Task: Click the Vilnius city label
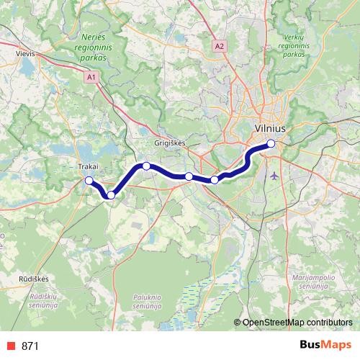click(x=271, y=127)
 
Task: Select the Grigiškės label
click(x=170, y=143)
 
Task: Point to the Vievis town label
click(x=25, y=53)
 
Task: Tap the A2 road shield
click(x=220, y=46)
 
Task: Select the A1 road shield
click(x=91, y=76)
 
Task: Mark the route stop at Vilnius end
click(x=271, y=143)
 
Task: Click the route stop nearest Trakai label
click(x=89, y=181)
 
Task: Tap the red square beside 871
click(x=11, y=346)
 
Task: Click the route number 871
click(x=30, y=346)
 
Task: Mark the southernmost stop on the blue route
click(x=111, y=195)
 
